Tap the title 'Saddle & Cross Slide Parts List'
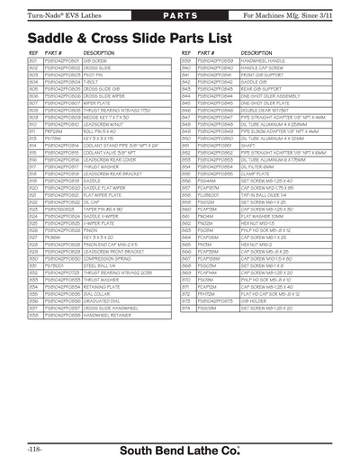tap(125, 40)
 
